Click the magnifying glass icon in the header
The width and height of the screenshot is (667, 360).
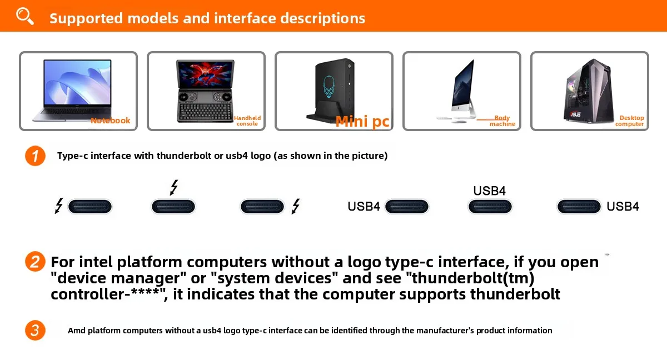pyautogui.click(x=24, y=16)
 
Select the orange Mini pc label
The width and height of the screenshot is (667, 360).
pyautogui.click(x=362, y=121)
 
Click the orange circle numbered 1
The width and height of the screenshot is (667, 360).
pyautogui.click(x=35, y=156)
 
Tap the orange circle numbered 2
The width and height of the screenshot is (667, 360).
pyautogui.click(x=35, y=262)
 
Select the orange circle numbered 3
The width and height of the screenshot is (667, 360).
pyautogui.click(x=35, y=331)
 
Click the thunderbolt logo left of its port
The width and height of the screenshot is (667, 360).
pyautogui.click(x=58, y=206)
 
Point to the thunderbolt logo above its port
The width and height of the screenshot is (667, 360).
pyautogui.click(x=174, y=188)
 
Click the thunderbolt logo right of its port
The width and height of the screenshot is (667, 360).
pyautogui.click(x=296, y=206)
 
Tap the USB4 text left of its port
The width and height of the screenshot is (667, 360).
pyautogui.click(x=364, y=207)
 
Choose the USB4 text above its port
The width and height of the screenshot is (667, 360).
pyautogui.click(x=489, y=191)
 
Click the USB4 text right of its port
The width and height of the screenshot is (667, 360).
pyautogui.click(x=623, y=207)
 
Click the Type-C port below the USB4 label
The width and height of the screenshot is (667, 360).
pyautogui.click(x=490, y=207)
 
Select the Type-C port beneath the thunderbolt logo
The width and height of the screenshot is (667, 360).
pyautogui.click(x=173, y=207)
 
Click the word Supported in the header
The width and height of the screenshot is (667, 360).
pyautogui.click(x=86, y=18)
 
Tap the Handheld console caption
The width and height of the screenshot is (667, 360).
pyautogui.click(x=247, y=121)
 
